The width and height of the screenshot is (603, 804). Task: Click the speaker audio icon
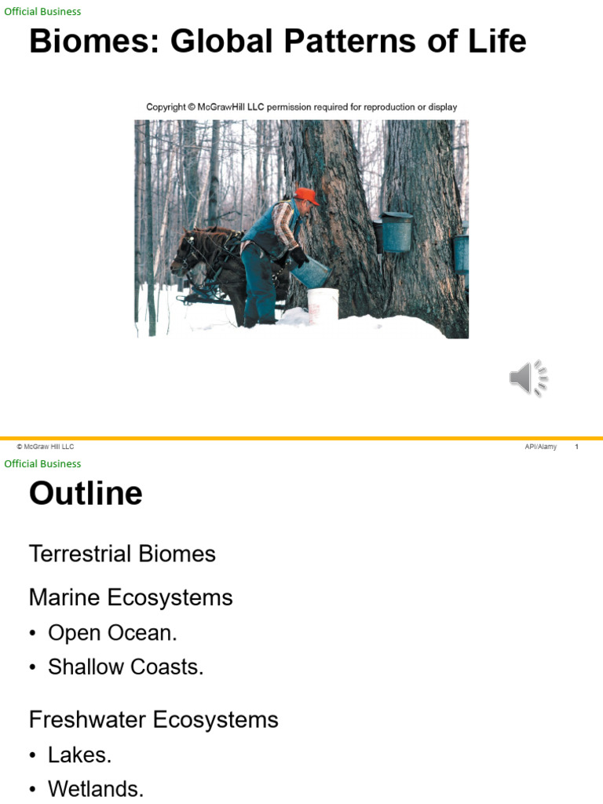pyautogui.click(x=528, y=378)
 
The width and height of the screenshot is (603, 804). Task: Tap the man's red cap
pyautogui.click(x=307, y=196)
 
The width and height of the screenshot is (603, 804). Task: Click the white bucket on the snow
pyautogui.click(x=323, y=305)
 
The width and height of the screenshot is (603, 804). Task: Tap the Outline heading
pyautogui.click(x=86, y=494)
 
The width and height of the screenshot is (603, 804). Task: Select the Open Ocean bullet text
pyautogui.click(x=112, y=633)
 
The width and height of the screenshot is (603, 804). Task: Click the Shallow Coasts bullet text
pyautogui.click(x=126, y=667)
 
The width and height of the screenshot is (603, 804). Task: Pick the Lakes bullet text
pyautogui.click(x=79, y=755)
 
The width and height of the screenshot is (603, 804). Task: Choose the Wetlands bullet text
pyautogui.click(x=96, y=789)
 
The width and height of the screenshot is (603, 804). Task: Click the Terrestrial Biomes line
pyautogui.click(x=122, y=554)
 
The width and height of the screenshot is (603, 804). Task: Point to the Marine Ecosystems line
pyautogui.click(x=130, y=598)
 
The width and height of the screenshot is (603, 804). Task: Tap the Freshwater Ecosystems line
pyautogui.click(x=153, y=720)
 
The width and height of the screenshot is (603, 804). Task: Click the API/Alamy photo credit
pyautogui.click(x=540, y=447)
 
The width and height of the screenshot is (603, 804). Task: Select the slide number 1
pyautogui.click(x=576, y=447)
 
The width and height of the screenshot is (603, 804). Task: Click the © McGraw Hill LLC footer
pyautogui.click(x=46, y=447)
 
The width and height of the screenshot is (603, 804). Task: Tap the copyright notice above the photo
pyautogui.click(x=301, y=107)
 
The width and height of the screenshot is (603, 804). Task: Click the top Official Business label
pyautogui.click(x=42, y=12)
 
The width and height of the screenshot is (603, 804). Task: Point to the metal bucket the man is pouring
pyautogui.click(x=312, y=272)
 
